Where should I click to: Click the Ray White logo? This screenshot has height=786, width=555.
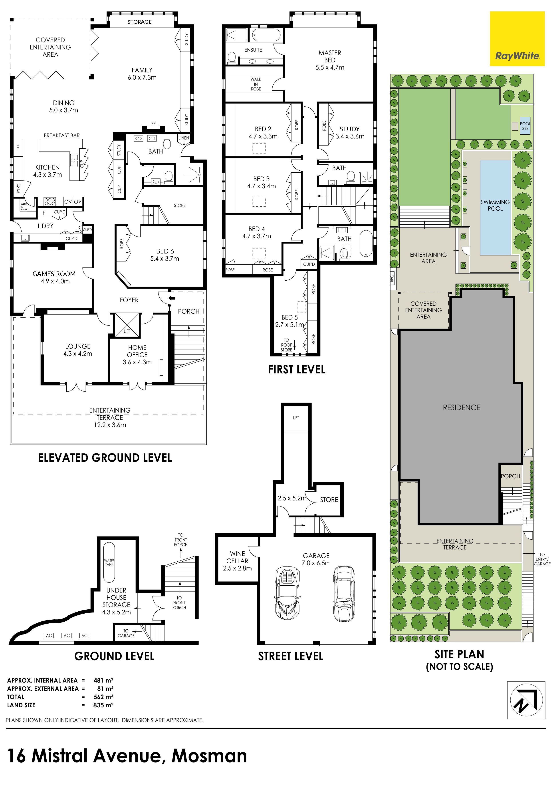coord(517,39)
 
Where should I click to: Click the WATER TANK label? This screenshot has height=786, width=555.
coord(109,563)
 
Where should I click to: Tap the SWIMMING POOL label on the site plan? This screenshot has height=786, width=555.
coord(495,205)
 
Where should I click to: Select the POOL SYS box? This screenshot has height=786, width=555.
coord(525,126)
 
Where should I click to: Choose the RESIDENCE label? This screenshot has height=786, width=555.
coord(462,407)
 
